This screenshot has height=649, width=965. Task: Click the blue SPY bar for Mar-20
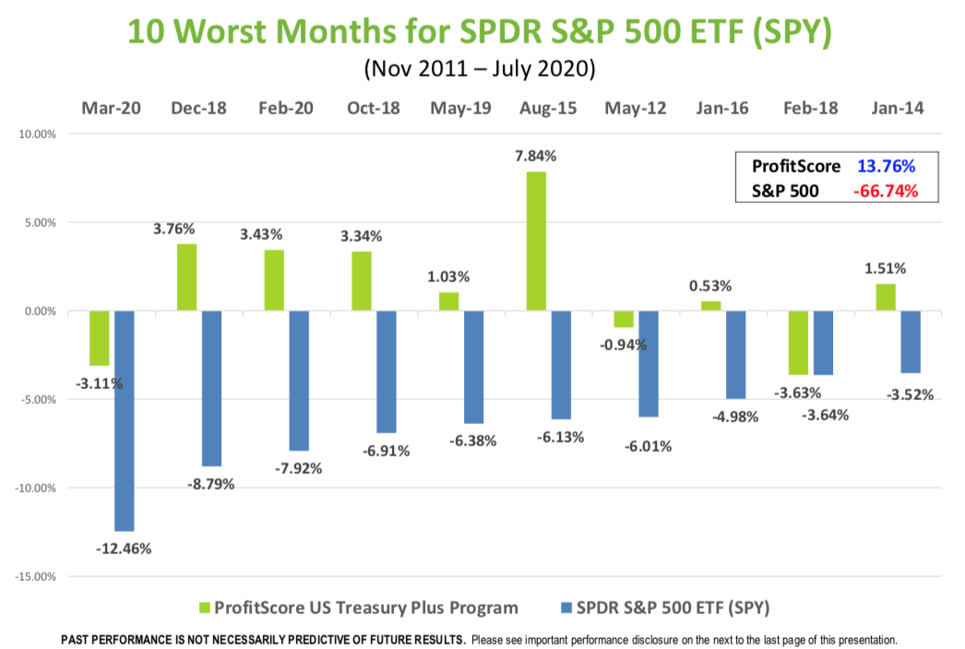(x=123, y=420)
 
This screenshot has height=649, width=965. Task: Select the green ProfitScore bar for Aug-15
(x=537, y=242)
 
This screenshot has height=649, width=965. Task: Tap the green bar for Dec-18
(x=186, y=277)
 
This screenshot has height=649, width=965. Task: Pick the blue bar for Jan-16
(x=736, y=355)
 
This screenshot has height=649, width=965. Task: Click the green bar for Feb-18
(x=799, y=342)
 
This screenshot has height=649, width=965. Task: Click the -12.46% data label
(x=123, y=549)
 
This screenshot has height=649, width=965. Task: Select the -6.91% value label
(x=385, y=451)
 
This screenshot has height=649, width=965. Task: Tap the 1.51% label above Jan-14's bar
(x=886, y=268)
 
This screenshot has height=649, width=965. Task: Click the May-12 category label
(x=636, y=108)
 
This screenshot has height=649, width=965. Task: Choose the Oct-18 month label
(x=375, y=108)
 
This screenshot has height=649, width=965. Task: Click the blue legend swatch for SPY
(x=566, y=608)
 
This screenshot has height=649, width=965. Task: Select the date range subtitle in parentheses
(x=479, y=68)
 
